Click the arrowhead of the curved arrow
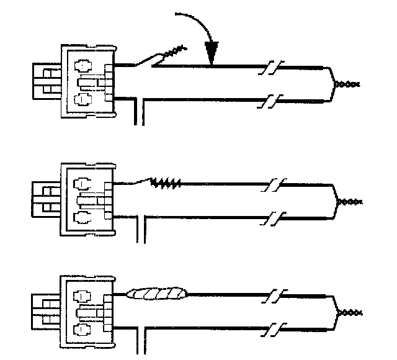tap(212, 56)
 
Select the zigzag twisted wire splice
tap(166, 182)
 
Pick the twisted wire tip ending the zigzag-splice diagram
tap(351, 202)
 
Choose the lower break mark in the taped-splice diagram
tap(273, 333)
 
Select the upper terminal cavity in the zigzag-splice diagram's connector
tap(81, 183)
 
